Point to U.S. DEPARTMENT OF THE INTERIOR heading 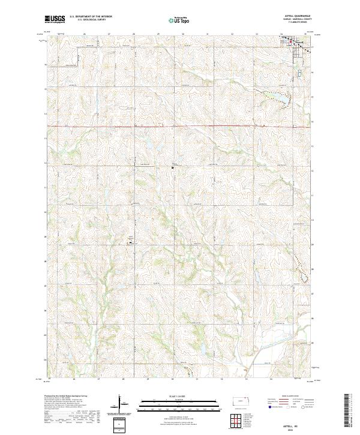(91, 17)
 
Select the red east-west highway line (180, 126)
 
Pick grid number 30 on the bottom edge (172, 379)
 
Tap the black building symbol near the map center (173, 168)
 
